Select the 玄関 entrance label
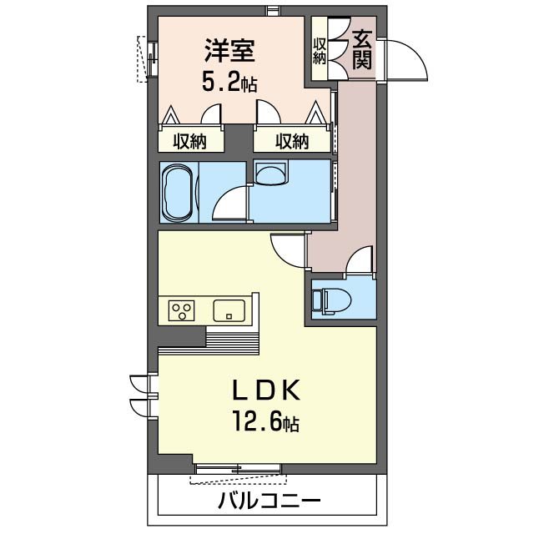(361, 49)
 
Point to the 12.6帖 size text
(267, 423)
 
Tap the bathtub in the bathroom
(178, 192)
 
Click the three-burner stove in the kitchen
(182, 311)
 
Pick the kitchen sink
(229, 311)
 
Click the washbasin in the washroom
(271, 173)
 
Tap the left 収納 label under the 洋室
(190, 141)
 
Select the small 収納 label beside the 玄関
(320, 51)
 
